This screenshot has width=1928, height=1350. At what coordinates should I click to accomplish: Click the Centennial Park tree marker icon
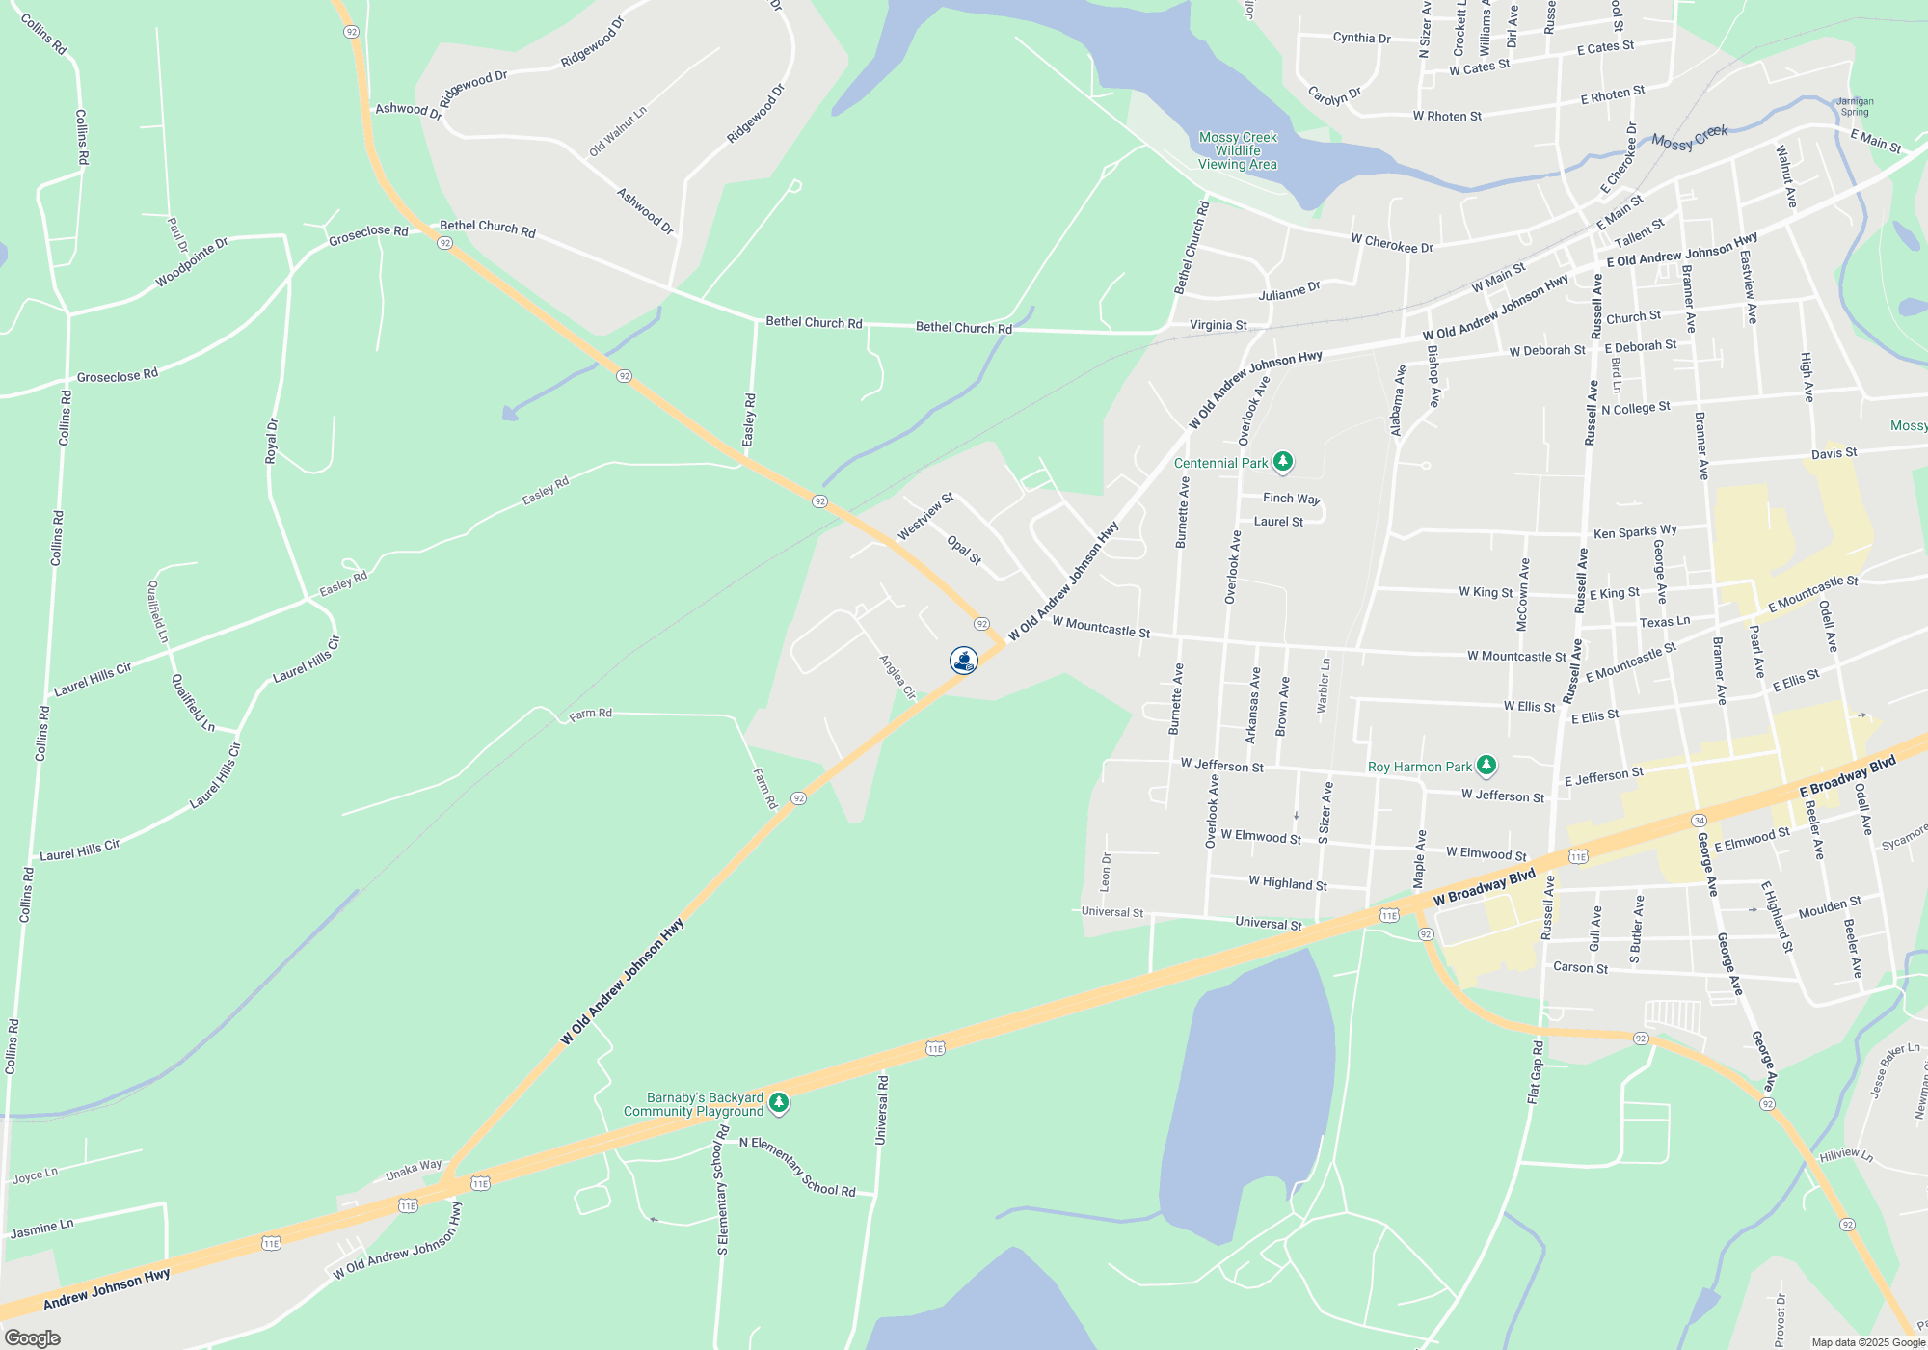click(1282, 462)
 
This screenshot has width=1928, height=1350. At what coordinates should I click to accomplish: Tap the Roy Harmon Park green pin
click(1486, 766)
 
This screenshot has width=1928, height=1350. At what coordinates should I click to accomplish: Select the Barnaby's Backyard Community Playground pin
click(779, 1102)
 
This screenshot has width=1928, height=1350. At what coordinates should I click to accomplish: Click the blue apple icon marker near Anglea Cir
click(963, 660)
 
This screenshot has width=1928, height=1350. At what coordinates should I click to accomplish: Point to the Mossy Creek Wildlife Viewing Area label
click(1238, 150)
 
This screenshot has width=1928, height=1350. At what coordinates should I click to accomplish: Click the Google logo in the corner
click(32, 1338)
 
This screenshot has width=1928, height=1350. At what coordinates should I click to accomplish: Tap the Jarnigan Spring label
click(1855, 106)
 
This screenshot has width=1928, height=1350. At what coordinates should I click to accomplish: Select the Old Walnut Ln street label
click(618, 131)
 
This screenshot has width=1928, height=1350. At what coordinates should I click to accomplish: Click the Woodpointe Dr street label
click(192, 262)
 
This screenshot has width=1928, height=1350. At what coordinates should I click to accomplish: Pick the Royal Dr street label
click(272, 440)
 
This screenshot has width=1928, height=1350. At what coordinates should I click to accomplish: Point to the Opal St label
click(964, 550)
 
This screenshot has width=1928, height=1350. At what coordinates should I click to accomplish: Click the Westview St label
click(925, 517)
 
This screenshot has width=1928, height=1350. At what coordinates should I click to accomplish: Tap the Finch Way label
click(1292, 499)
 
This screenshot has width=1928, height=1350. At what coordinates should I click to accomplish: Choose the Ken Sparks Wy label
click(1635, 531)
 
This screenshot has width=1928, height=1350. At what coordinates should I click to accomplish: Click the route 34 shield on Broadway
click(1699, 820)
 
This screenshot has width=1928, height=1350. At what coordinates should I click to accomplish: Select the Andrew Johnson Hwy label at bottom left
click(107, 1289)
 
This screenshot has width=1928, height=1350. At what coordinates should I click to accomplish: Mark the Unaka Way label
click(414, 1171)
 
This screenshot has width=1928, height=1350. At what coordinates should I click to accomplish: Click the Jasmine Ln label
click(41, 1229)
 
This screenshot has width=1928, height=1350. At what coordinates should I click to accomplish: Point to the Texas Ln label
click(1665, 622)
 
